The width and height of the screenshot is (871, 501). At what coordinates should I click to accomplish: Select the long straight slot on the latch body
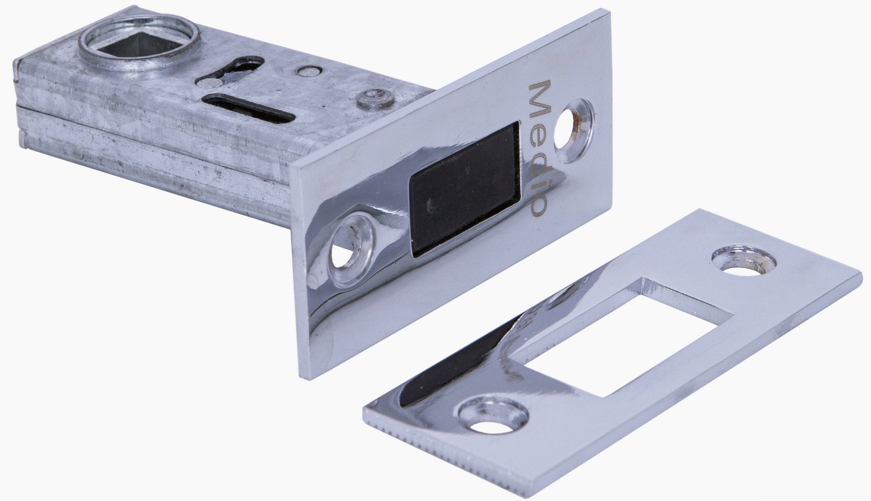pos(246,107)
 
